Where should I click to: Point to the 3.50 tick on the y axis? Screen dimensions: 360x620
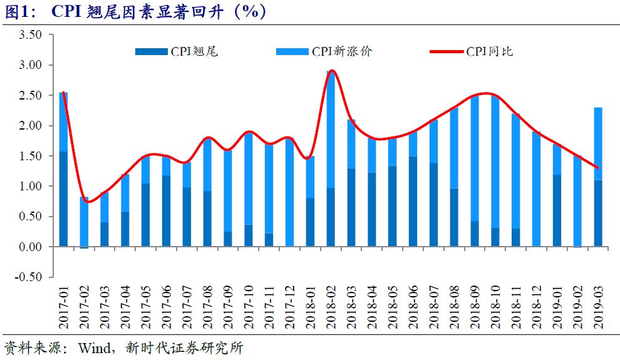(x=30, y=35)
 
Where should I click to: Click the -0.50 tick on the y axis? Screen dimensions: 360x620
(x=29, y=277)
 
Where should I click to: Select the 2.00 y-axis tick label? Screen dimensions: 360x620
(x=30, y=126)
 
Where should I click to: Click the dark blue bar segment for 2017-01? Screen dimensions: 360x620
(x=64, y=199)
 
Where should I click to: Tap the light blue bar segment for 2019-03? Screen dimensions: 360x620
(x=599, y=143)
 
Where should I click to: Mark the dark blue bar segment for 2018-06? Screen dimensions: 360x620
(x=413, y=202)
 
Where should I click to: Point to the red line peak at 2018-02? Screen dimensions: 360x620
(x=332, y=71)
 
